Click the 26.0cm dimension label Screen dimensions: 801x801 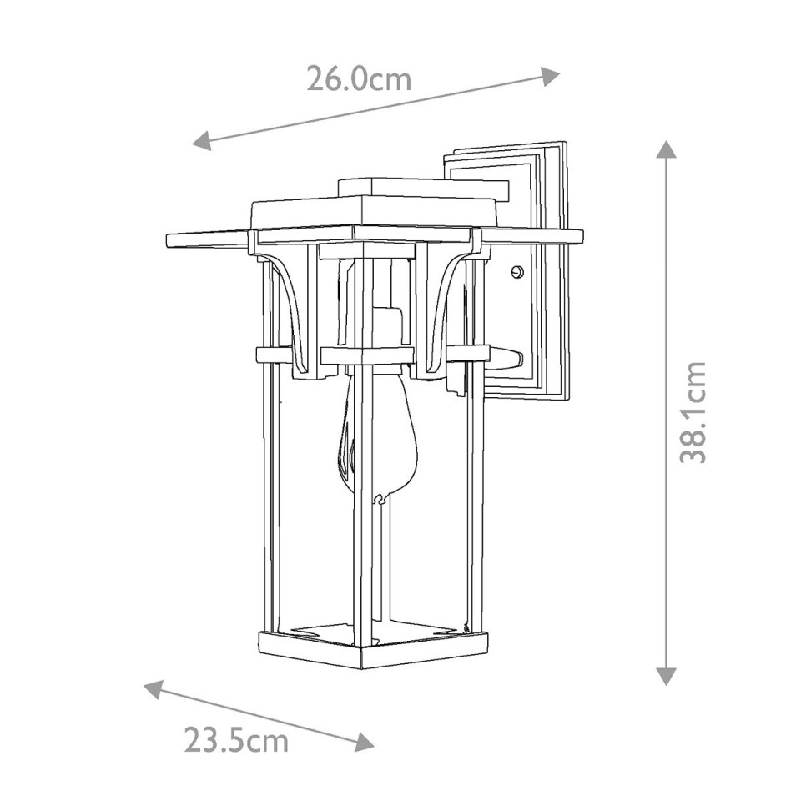[359, 78]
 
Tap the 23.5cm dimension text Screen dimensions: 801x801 [236, 739]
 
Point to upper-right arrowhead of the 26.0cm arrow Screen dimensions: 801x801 [550, 76]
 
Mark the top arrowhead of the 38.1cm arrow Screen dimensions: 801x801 [665, 151]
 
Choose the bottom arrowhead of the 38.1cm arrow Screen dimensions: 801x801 [665, 675]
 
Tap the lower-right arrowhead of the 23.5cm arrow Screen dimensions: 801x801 [364, 742]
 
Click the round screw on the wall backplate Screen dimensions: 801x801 [517, 271]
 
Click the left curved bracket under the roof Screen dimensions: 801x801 [288, 309]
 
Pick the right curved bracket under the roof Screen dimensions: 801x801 [446, 309]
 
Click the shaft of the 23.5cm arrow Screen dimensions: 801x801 [259, 714]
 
